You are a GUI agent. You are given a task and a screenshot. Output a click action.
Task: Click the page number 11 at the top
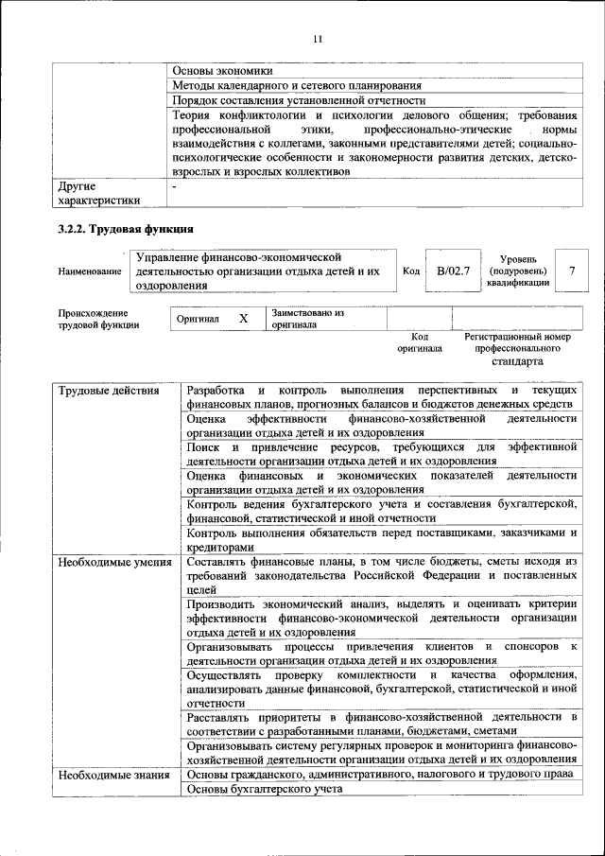pos(317,39)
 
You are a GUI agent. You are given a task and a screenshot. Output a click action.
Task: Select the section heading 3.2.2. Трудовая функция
pos(126,229)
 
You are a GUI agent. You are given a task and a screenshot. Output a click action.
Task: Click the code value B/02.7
pos(453,271)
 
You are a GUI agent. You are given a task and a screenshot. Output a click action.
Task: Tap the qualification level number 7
pos(571,271)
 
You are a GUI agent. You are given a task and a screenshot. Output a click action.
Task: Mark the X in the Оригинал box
pos(243,320)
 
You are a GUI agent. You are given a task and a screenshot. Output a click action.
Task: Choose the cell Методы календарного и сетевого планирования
pos(297,85)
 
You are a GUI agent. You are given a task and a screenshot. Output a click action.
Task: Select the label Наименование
pos(90,271)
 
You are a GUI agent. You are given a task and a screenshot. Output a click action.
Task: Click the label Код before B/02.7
pos(411,271)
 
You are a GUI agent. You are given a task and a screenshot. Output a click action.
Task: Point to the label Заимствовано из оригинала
pos(307,319)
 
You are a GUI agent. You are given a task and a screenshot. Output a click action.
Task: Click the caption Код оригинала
pos(420,342)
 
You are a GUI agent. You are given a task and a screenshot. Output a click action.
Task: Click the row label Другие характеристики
pos(99,193)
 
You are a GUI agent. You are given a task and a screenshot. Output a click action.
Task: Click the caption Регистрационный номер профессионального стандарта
pos(517,349)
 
